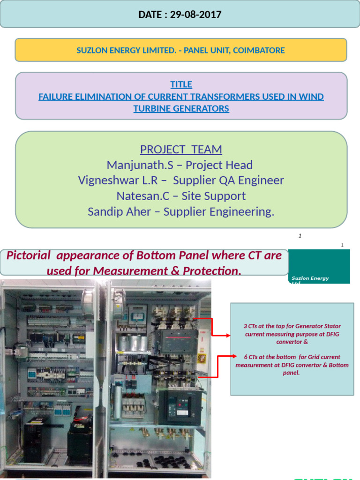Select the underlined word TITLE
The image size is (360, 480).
pyautogui.click(x=181, y=84)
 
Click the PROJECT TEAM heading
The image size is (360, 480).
pyautogui.click(x=181, y=150)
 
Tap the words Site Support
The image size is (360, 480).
pyautogui.click(x=213, y=196)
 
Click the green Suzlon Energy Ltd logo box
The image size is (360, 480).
pyautogui.click(x=319, y=266)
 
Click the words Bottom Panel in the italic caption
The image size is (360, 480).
pyautogui.click(x=174, y=255)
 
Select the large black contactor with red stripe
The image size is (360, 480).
pyautogui.click(x=179, y=341)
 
